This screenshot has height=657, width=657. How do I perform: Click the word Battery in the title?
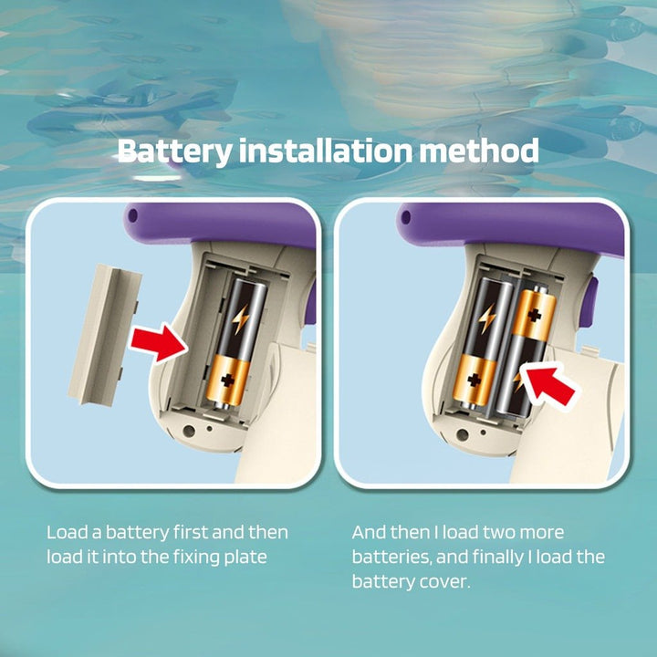[x=174, y=151]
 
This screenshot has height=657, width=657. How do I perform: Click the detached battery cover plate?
[x=105, y=335]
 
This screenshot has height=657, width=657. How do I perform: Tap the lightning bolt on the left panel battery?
[x=240, y=318]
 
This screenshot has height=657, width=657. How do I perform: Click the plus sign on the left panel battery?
[x=227, y=381]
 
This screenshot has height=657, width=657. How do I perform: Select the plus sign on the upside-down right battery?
[x=534, y=315]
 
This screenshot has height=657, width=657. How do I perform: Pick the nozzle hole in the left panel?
[x=132, y=215]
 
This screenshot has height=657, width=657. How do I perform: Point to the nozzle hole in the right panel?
[x=405, y=217]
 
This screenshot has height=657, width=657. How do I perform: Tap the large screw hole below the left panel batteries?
[x=189, y=431]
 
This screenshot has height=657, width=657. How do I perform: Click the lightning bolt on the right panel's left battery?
[x=487, y=318]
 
